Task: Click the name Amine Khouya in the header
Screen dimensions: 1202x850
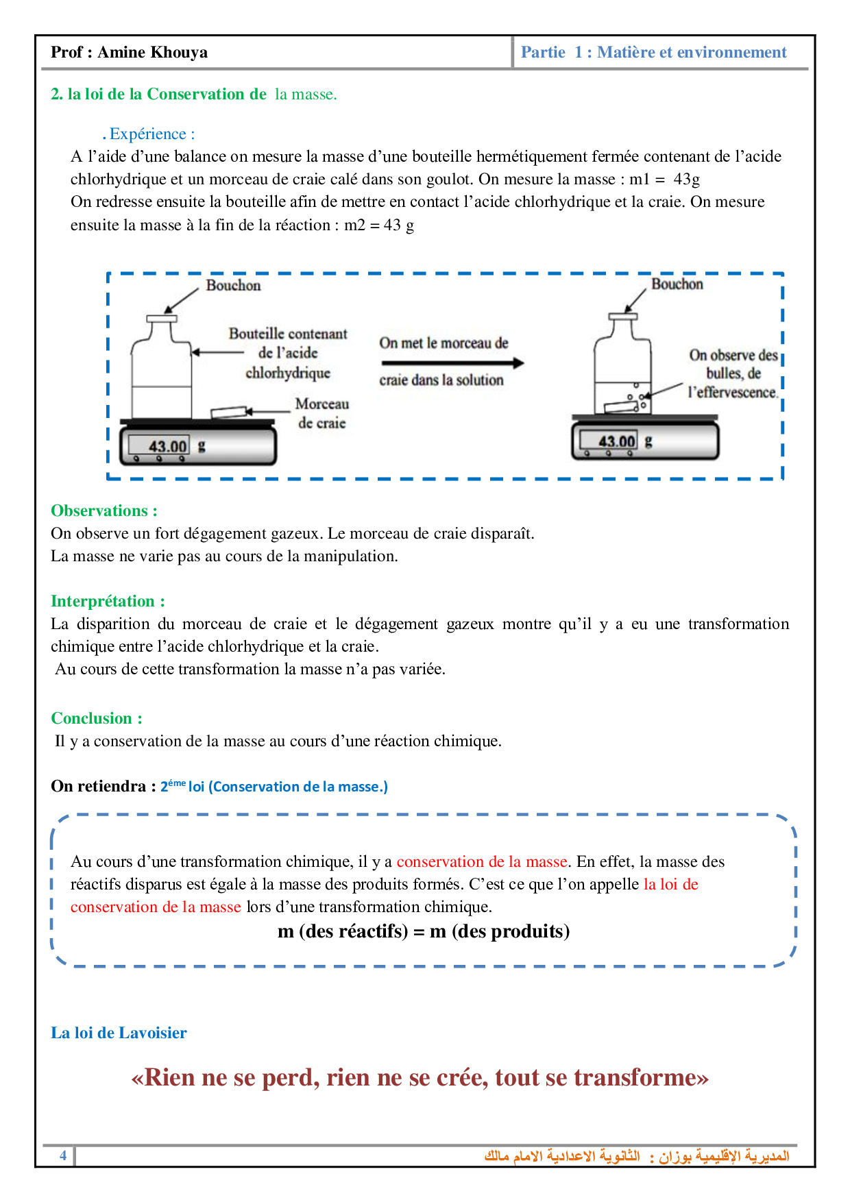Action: tap(152, 53)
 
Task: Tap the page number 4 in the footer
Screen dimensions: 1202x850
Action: tap(63, 1155)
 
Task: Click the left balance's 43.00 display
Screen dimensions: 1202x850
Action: tap(167, 447)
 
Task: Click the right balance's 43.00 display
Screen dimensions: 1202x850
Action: tap(617, 441)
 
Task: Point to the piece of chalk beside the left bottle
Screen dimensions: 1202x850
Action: tap(228, 412)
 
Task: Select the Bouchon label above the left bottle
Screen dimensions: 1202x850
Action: tap(233, 286)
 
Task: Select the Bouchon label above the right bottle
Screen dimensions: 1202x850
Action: tap(677, 284)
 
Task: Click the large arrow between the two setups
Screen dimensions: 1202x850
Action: tap(452, 363)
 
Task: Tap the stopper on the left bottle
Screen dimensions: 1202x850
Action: tap(162, 318)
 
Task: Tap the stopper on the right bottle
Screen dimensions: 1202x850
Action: tap(622, 317)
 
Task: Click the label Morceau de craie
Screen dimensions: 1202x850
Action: tap(321, 413)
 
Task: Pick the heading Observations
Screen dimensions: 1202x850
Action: tap(104, 511)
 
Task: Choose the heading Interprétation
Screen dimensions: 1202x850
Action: tap(108, 601)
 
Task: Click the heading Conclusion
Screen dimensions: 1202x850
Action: tap(96, 718)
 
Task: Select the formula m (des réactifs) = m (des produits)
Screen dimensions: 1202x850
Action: tap(424, 931)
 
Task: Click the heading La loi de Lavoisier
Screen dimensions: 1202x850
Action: tap(119, 1033)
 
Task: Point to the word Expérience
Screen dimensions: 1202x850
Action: tap(148, 134)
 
